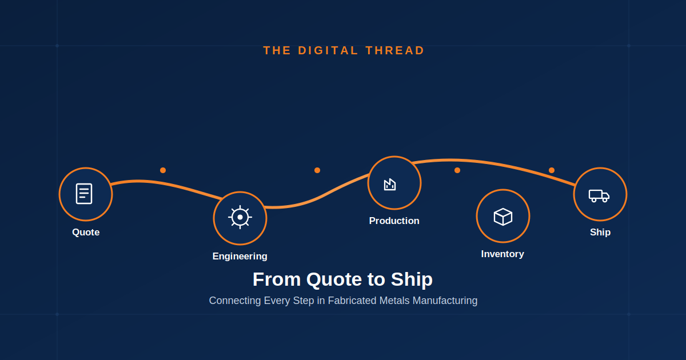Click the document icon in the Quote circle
84,194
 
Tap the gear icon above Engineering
240,217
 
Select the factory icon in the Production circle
390,184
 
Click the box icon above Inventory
503,217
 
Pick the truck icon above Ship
599,196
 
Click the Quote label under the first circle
86,233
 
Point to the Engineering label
240,256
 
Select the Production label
394,221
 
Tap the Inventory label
502,254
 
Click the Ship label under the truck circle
600,233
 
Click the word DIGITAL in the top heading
328,50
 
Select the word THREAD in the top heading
395,50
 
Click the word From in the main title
277,279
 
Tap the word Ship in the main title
412,279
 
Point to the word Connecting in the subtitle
235,301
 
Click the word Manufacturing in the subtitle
445,301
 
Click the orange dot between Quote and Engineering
163,170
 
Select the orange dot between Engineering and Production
317,170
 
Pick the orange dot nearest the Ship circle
552,170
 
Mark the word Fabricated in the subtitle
352,301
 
